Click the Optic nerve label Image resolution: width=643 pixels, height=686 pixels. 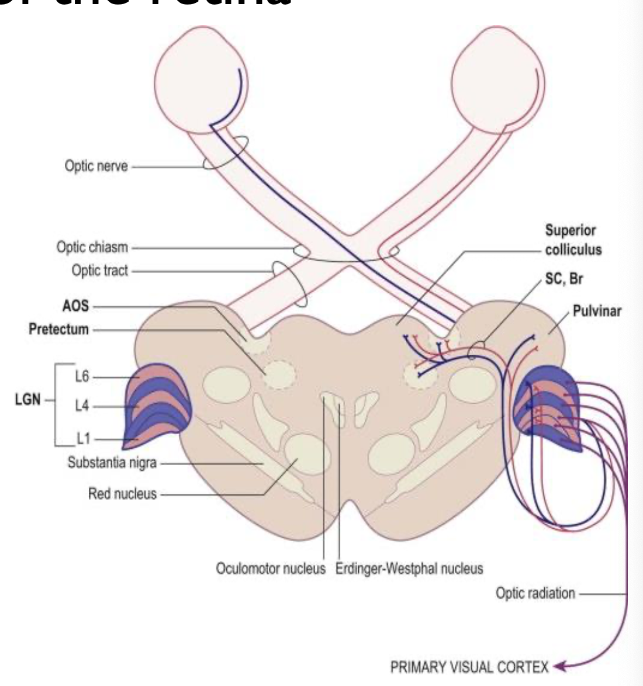point(96,167)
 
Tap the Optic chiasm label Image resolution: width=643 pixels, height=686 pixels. point(92,247)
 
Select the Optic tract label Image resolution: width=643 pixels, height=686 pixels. point(99,271)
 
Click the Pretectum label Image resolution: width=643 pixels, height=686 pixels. point(59,330)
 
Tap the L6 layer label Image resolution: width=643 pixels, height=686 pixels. point(82,377)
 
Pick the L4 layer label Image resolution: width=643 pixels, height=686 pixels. point(82,407)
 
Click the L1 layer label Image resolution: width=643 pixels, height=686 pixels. point(82,439)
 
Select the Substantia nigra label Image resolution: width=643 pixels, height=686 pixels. point(112,464)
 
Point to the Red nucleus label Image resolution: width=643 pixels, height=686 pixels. point(123,494)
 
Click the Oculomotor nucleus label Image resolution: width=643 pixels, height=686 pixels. point(272,569)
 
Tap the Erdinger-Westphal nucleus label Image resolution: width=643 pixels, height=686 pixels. point(409,569)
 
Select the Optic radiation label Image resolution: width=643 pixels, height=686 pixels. point(535,594)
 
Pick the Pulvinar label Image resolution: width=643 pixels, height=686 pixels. point(597,311)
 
